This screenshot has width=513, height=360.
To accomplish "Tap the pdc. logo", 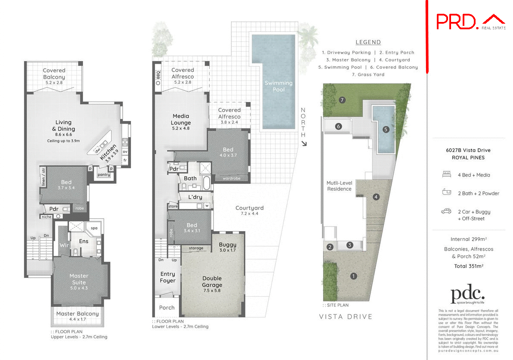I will click(467, 296).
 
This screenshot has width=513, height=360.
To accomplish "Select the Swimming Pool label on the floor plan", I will click(278, 86).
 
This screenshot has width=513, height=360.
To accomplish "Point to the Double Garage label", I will click(212, 282).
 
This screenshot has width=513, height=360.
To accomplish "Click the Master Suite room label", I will click(79, 279).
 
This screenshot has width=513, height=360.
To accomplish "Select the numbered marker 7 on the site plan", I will click(343, 100).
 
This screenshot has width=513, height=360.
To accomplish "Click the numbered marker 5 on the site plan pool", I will click(386, 129).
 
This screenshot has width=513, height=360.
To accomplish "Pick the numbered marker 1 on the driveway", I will click(353, 276).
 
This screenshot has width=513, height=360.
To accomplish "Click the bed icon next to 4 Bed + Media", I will click(446, 175).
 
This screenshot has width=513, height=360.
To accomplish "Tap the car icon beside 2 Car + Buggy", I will click(446, 211).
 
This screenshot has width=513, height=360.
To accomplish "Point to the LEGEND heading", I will click(368, 42).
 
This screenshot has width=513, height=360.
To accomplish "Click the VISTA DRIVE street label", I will click(345, 317).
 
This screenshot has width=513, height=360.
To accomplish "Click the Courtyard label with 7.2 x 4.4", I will click(249, 211).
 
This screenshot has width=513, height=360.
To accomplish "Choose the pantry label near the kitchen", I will click(104, 174).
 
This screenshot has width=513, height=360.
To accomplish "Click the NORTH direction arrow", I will click(303, 143).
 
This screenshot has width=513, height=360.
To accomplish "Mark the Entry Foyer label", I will click(167, 277).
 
